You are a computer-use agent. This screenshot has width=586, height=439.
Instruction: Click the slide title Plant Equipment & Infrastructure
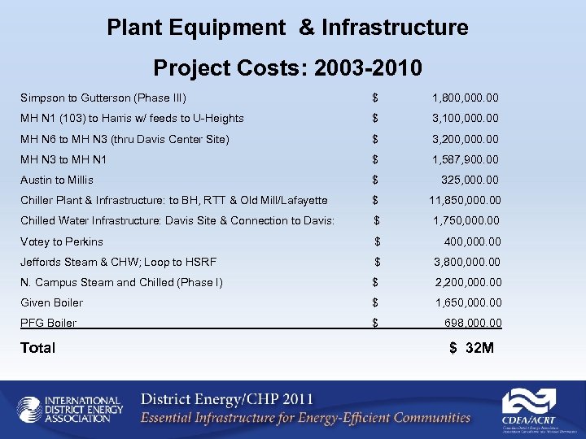[x=287, y=28]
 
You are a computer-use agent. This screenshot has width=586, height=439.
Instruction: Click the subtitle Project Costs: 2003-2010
[x=287, y=67]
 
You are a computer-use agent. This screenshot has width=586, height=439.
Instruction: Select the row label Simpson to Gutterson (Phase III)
[x=103, y=98]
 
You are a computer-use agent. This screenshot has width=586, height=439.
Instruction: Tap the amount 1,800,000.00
[x=466, y=98]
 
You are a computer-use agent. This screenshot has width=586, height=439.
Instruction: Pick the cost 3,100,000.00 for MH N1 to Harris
[x=466, y=119]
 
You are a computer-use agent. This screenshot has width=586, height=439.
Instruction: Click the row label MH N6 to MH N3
[x=125, y=139]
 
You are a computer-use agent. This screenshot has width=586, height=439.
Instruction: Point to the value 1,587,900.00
[x=466, y=159]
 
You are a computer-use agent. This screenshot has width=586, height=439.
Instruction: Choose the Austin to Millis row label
[x=57, y=180]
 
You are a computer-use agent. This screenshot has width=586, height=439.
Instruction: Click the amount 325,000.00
[x=470, y=180]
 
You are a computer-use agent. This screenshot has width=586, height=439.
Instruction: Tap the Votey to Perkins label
[x=62, y=241]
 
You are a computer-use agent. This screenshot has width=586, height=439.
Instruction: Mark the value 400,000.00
[x=472, y=241]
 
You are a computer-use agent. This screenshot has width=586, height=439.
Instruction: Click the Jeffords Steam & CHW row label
[x=118, y=262]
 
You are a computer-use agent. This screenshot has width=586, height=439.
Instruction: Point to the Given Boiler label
[x=52, y=302]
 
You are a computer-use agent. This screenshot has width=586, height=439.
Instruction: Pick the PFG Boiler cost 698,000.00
[x=473, y=323]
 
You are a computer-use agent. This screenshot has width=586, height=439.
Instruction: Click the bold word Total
[x=38, y=348]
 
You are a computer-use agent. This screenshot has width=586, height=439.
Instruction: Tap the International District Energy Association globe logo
[x=29, y=410]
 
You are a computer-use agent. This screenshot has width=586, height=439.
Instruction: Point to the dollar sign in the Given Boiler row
[x=375, y=302]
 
